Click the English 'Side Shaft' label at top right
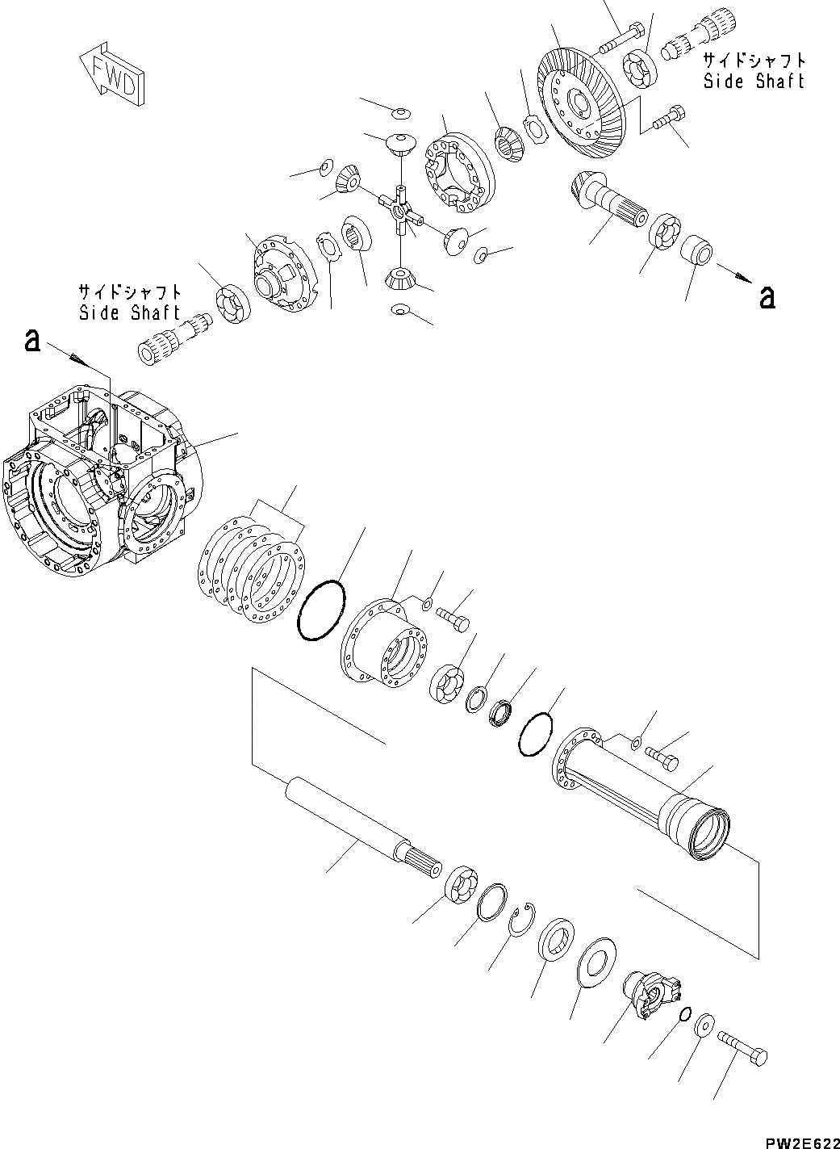click(x=754, y=82)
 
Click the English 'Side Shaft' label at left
click(x=130, y=313)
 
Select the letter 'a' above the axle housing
click(x=31, y=340)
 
